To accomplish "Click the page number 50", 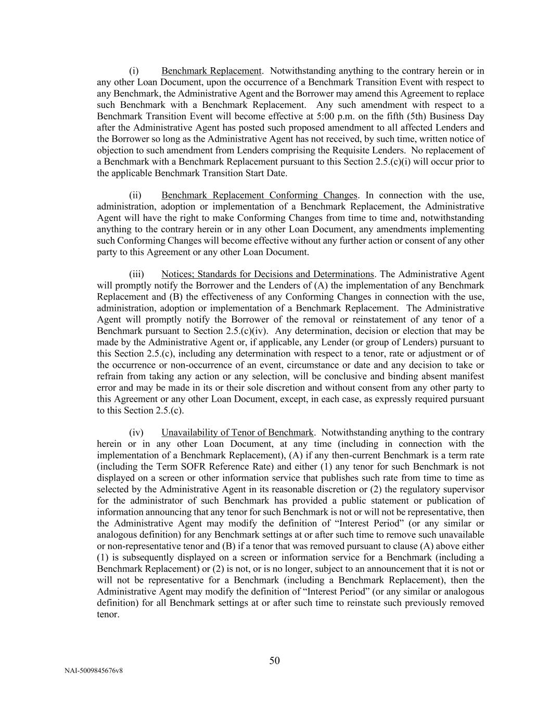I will click(x=274, y=660).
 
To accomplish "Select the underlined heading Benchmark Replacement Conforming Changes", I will click(x=259, y=195).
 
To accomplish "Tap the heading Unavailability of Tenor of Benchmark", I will click(x=237, y=432).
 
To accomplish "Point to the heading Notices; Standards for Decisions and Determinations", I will click(x=267, y=274).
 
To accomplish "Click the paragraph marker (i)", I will click(x=134, y=71).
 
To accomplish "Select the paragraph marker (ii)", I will click(x=135, y=195).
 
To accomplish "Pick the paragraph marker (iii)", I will click(x=136, y=274).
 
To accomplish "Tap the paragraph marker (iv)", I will click(x=136, y=432).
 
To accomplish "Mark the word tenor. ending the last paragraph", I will click(x=108, y=614).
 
